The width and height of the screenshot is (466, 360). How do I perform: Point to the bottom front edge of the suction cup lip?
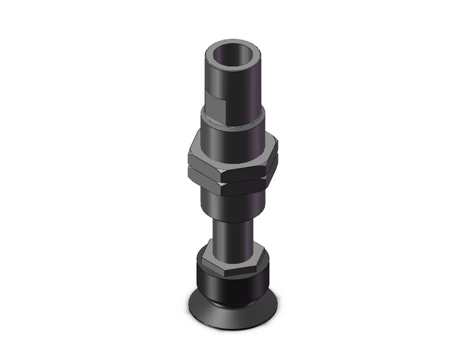point(234,317)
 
